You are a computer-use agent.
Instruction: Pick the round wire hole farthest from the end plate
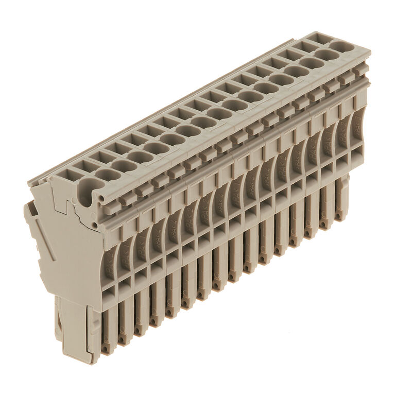tap(340, 46)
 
